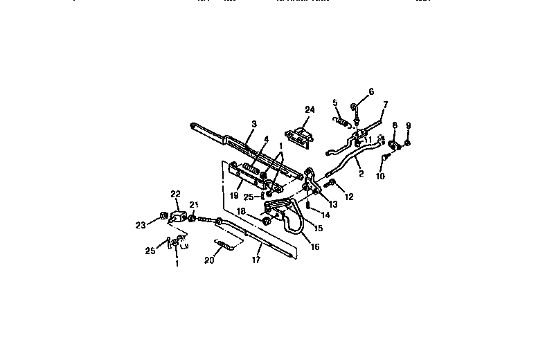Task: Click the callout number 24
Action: click(x=309, y=109)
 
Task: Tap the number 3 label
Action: click(x=254, y=124)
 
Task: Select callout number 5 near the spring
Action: click(x=335, y=102)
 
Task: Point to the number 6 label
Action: click(x=370, y=91)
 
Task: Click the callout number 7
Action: click(x=386, y=105)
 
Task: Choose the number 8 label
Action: click(x=395, y=125)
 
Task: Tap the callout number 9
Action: click(x=408, y=125)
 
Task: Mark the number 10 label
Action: click(x=380, y=176)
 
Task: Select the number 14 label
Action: click(x=325, y=215)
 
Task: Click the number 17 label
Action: click(x=257, y=261)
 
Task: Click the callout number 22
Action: click(x=175, y=194)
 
